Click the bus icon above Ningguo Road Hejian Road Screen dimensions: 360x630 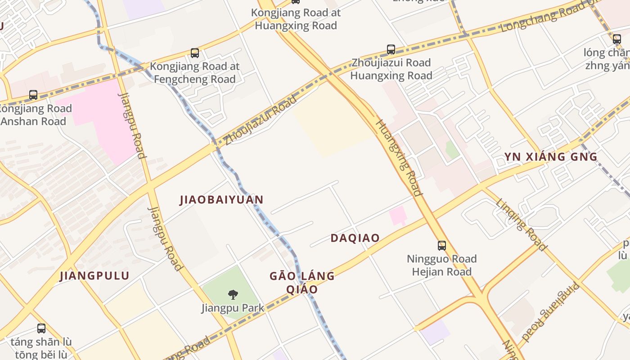pyautogui.click(x=442, y=245)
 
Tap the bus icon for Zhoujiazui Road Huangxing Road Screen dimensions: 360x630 pyautogui.click(x=391, y=49)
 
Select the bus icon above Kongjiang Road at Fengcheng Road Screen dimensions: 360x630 pyautogui.click(x=195, y=53)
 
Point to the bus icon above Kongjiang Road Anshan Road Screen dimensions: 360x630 pyautogui.click(x=33, y=95)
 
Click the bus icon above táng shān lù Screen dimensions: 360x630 pyautogui.click(x=41, y=328)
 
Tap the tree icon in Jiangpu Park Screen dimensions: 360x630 pyautogui.click(x=233, y=295)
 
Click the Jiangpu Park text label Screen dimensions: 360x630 pyautogui.click(x=233, y=308)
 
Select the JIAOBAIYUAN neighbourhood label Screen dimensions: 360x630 pyautogui.click(x=221, y=200)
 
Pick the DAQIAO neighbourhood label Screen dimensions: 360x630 pyautogui.click(x=355, y=238)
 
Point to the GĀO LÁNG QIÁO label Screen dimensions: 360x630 pyautogui.click(x=302, y=282)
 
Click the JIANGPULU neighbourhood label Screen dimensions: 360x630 pyautogui.click(x=94, y=276)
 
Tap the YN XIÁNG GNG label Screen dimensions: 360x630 pyautogui.click(x=550, y=157)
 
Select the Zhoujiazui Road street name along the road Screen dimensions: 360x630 pyautogui.click(x=261, y=120)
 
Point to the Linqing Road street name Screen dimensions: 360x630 pyautogui.click(x=522, y=224)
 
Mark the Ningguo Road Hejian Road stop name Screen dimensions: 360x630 pyautogui.click(x=441, y=265)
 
